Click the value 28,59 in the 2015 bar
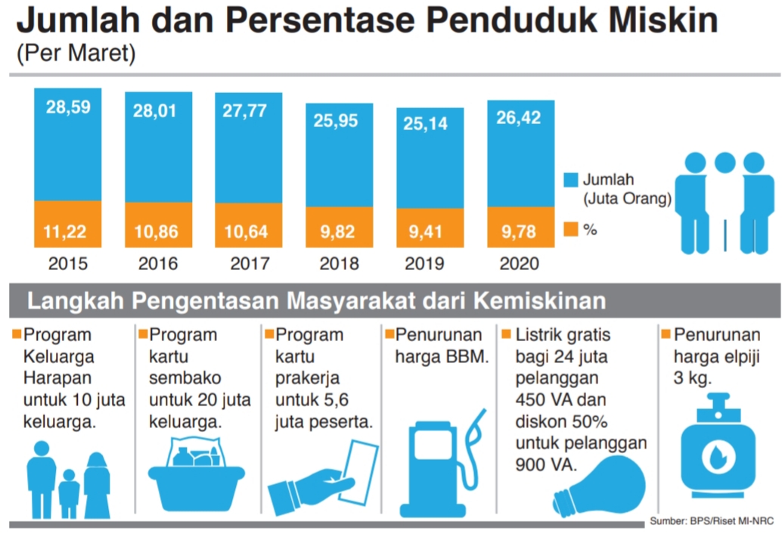pyautogui.click(x=68, y=107)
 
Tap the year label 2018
pyautogui.click(x=340, y=264)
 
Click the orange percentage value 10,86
pyautogui.click(x=158, y=231)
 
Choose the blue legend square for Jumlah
pyautogui.click(x=571, y=180)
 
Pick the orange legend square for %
pyautogui.click(x=571, y=228)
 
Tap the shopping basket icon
pyautogui.click(x=196, y=477)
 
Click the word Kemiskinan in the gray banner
pyautogui.click(x=539, y=300)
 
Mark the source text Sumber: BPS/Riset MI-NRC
pyautogui.click(x=713, y=523)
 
